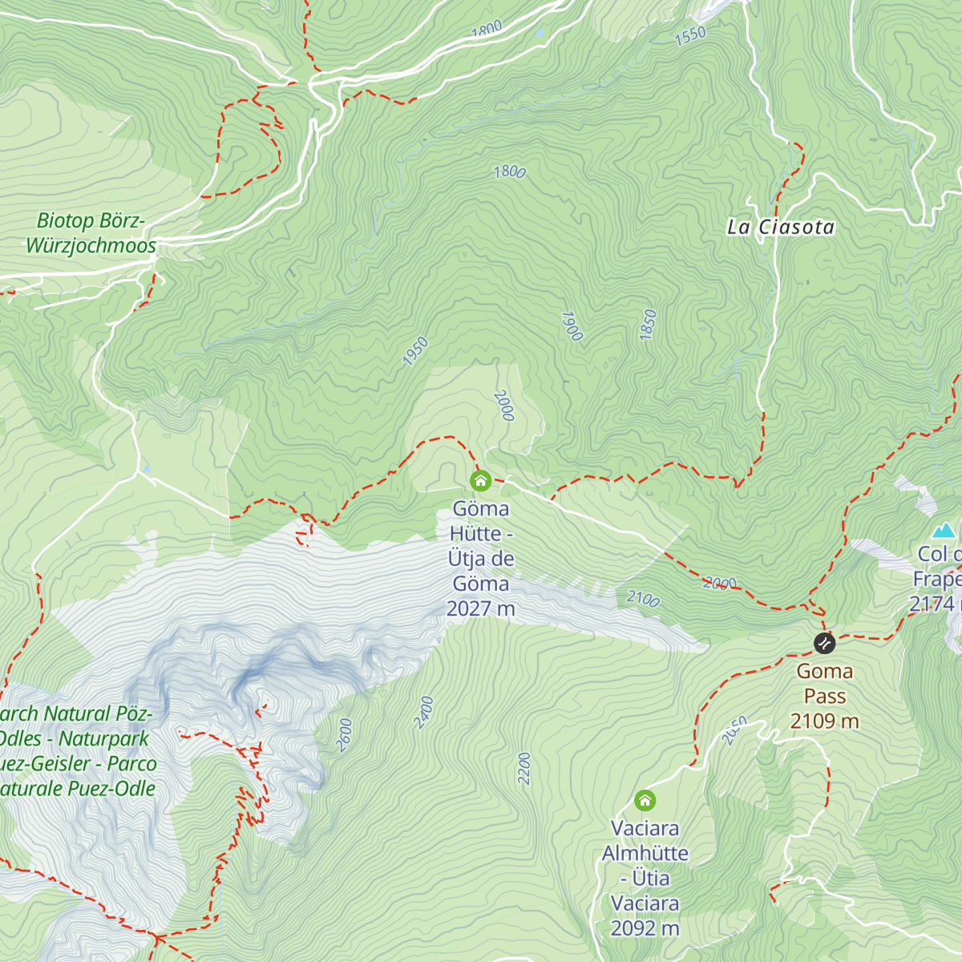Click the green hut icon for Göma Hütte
tap(480, 481)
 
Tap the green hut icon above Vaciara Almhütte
tap(645, 800)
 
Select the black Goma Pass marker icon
tap(824, 643)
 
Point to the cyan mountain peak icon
tap(944, 530)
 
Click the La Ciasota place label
tap(781, 228)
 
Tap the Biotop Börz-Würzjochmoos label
tap(91, 233)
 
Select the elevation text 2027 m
tap(480, 608)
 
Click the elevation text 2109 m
tap(824, 721)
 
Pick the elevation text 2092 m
tap(645, 928)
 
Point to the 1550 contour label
tap(690, 35)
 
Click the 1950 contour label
tap(415, 352)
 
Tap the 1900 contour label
tap(571, 326)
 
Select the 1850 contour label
tap(649, 325)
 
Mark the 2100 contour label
tap(643, 599)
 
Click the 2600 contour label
tap(344, 734)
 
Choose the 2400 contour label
tap(424, 712)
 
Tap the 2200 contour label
tap(524, 768)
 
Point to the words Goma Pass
tap(824, 684)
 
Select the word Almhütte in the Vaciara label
tap(645, 853)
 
